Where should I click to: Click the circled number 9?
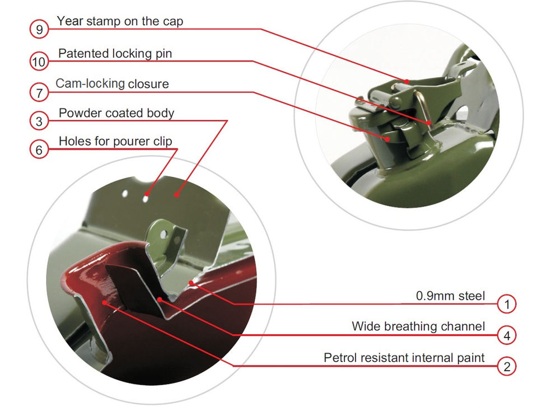[39, 29]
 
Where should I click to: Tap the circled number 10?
[39, 62]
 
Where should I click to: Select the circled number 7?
[39, 92]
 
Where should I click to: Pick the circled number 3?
[39, 121]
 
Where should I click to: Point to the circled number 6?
[39, 149]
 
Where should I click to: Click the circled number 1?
[507, 304]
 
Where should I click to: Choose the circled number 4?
[507, 335]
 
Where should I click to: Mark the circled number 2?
[507, 366]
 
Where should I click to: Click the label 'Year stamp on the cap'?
[120, 21]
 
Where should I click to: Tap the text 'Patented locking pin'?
[115, 54]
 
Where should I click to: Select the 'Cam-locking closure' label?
[112, 83]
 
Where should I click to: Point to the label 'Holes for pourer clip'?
[115, 142]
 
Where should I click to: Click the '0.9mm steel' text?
[450, 296]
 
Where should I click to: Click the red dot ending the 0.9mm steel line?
[191, 283]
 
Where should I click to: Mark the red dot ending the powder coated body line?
[176, 195]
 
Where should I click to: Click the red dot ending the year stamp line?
[407, 81]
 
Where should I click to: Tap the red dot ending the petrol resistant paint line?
[104, 303]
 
